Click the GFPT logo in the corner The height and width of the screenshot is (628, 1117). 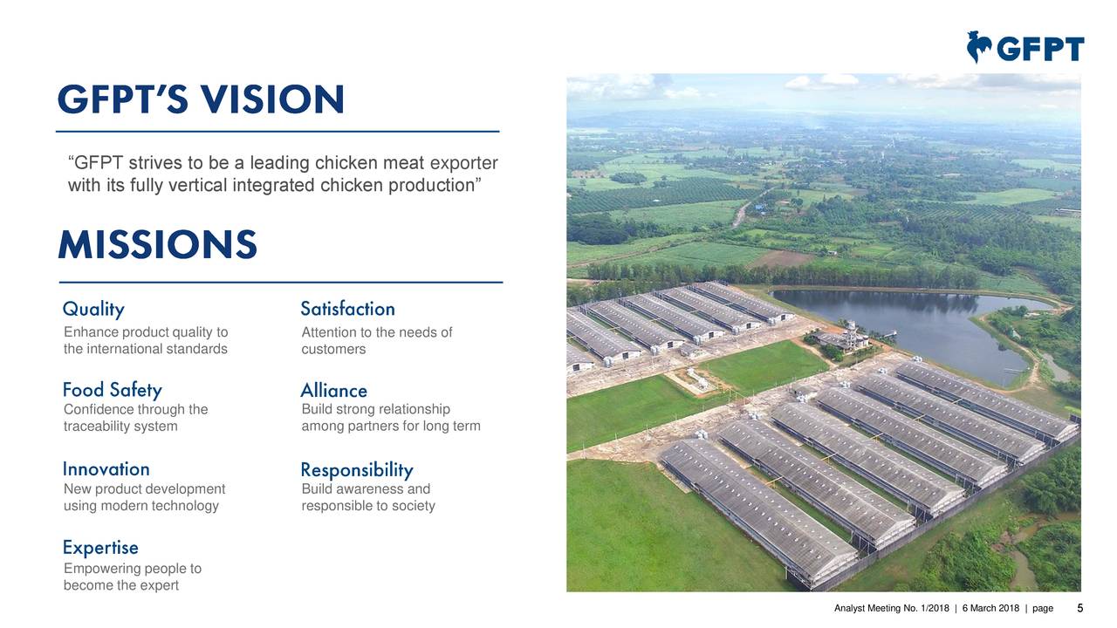pos(1025,47)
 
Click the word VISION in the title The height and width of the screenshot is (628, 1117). pos(271,101)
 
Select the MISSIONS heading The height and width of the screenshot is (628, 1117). pos(157,245)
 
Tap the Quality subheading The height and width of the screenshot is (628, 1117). pos(93,310)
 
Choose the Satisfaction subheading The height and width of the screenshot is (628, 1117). pos(347,310)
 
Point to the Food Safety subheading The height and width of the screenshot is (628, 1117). pos(112,390)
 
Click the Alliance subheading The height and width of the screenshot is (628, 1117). pos(333,391)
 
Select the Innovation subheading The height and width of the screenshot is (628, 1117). pos(106,469)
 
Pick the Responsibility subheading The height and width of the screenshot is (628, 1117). pos(356,471)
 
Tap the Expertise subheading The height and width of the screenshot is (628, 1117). pos(100,548)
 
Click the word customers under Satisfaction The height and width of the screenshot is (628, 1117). pos(333,349)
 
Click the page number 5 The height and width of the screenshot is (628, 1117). pos(1080,608)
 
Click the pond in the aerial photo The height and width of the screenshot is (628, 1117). pos(916,327)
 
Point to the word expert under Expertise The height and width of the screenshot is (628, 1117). pos(158,585)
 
